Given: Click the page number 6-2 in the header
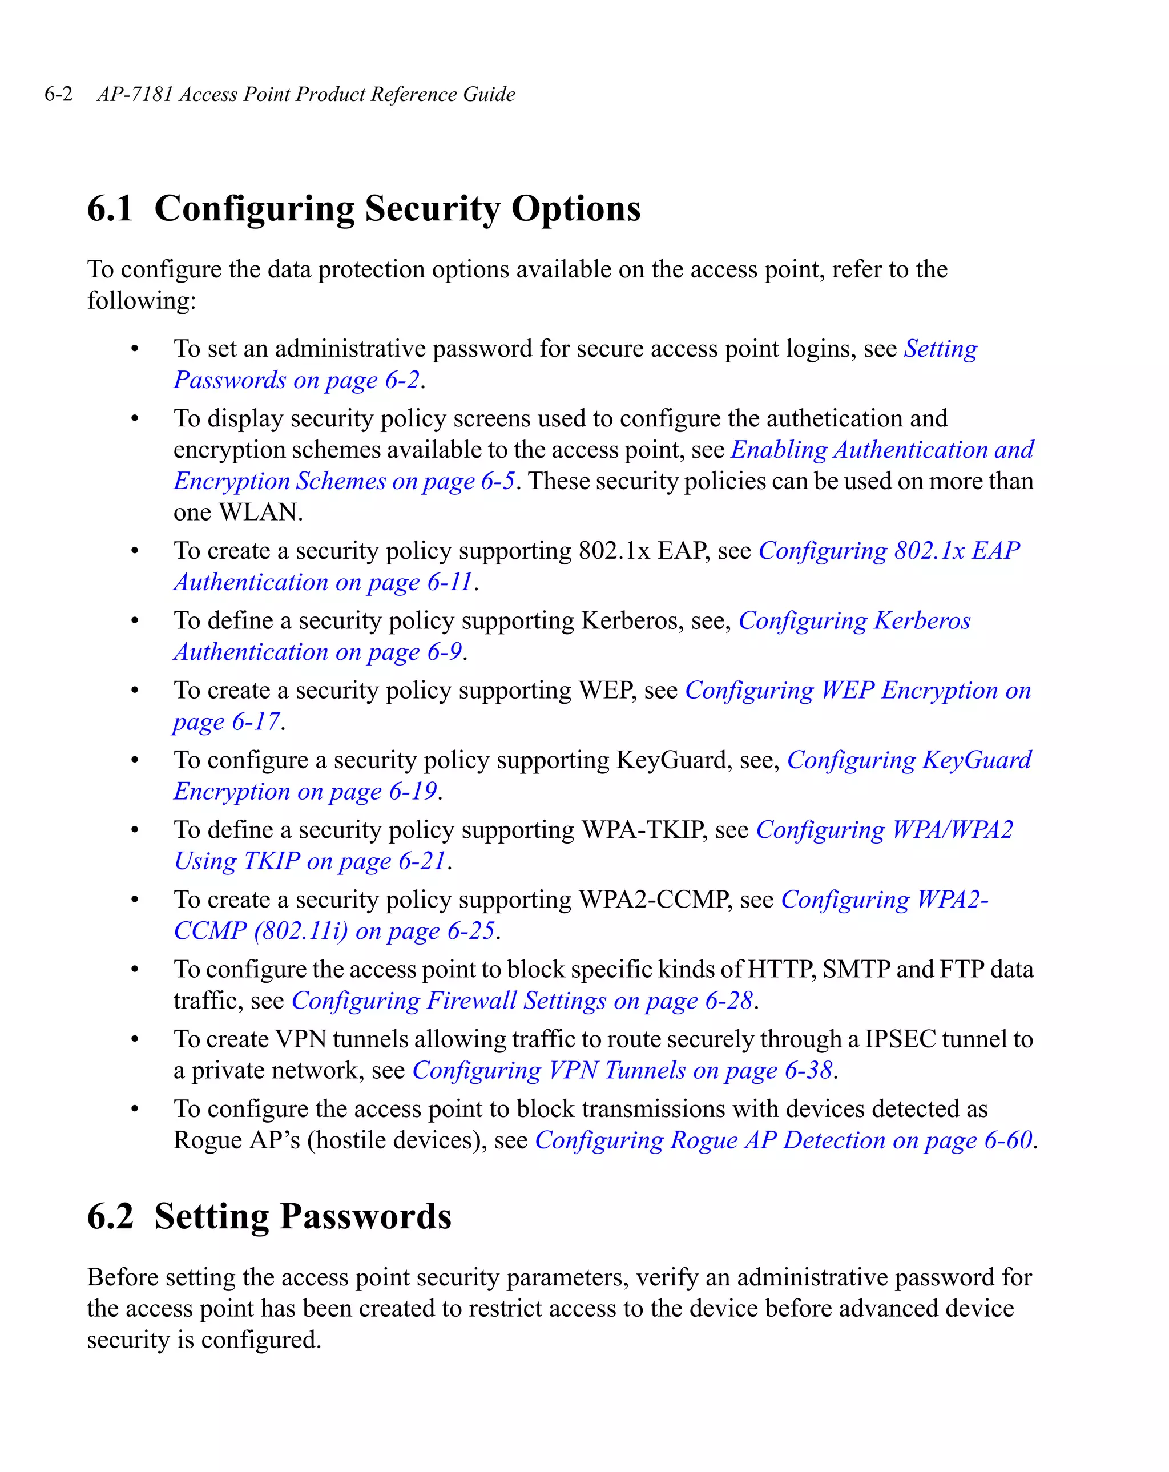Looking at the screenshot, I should click(x=58, y=94).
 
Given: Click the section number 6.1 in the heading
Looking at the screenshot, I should click(x=110, y=209).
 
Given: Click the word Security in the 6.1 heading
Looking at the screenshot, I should click(x=432, y=209).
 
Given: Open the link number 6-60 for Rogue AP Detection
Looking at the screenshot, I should click(x=1008, y=1140).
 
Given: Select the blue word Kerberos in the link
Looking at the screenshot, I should click(x=922, y=620).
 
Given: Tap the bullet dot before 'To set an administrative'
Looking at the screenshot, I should click(x=135, y=349).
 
